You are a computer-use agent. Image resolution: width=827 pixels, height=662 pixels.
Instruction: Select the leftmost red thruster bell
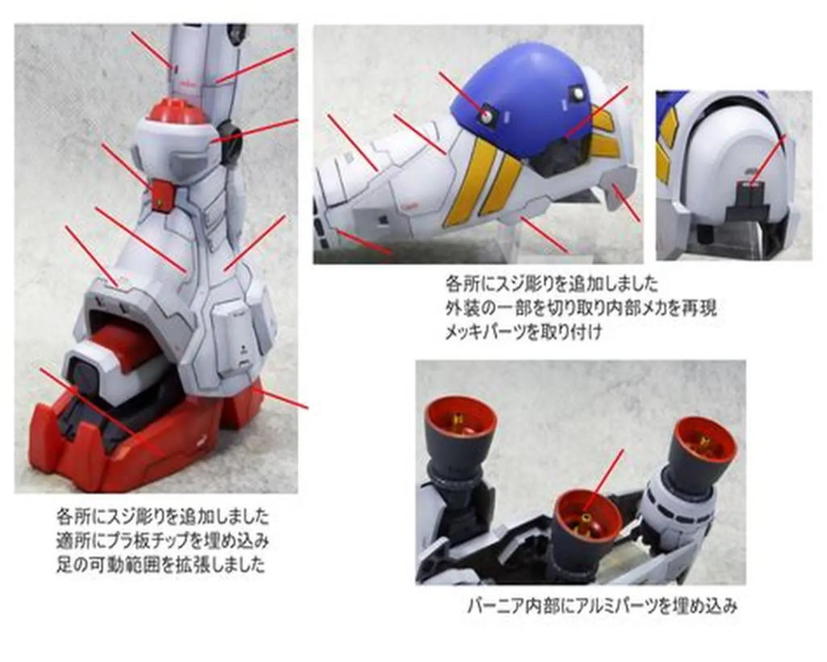(460, 425)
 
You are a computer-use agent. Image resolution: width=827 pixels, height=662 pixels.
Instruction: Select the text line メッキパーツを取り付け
(523, 331)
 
